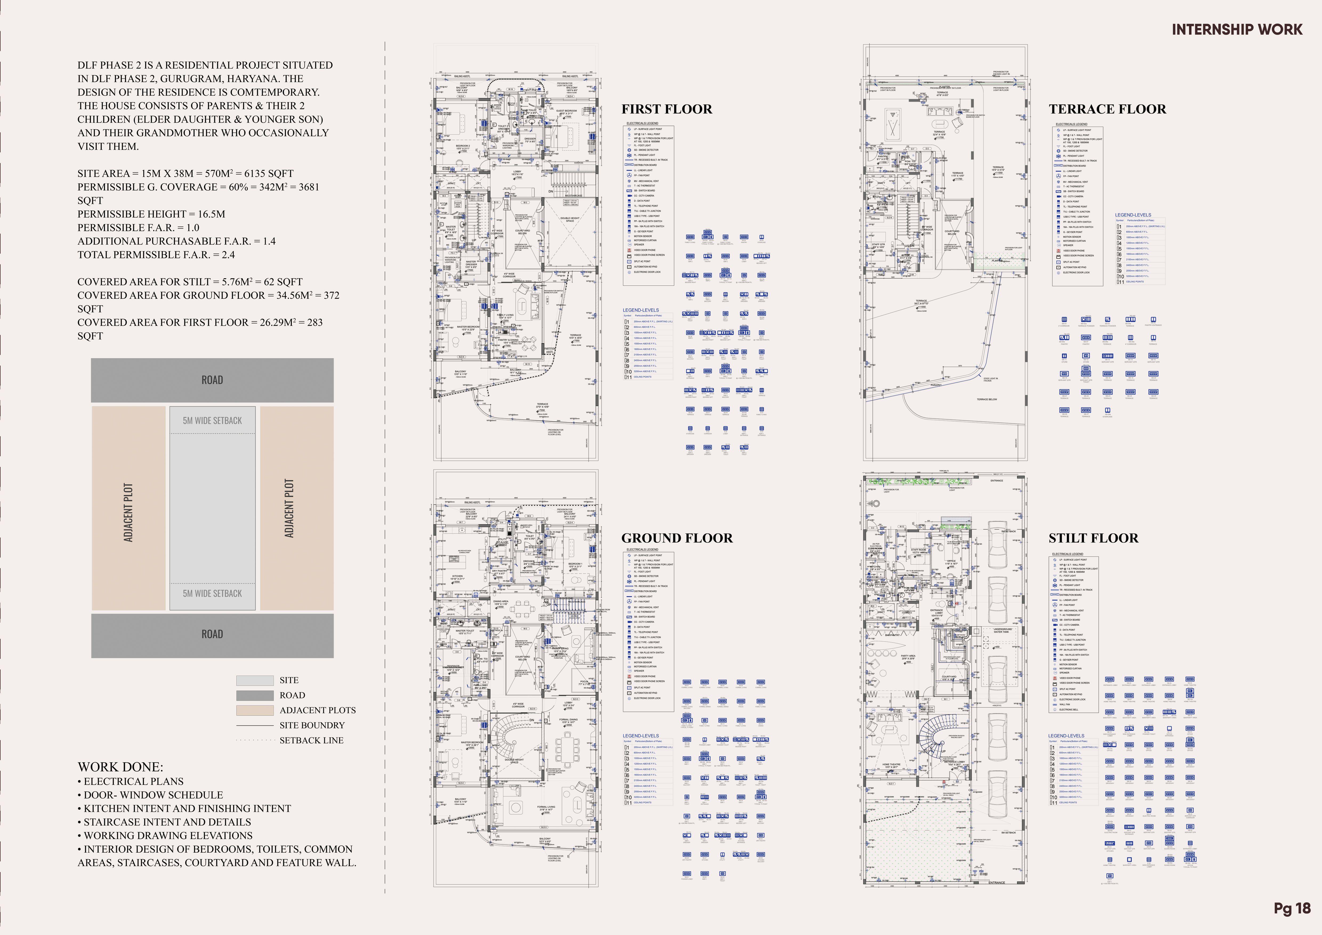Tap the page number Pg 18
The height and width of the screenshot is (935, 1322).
1292,909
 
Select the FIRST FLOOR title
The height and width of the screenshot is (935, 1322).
666,109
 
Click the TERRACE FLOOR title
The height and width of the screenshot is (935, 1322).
1107,109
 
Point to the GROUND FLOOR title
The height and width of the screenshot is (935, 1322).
677,538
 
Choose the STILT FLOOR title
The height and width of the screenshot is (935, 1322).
1093,538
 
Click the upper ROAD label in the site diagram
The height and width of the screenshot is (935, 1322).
212,380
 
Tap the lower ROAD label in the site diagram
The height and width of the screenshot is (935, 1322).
212,634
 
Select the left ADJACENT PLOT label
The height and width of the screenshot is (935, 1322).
128,512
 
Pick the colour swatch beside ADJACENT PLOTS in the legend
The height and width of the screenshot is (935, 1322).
254,710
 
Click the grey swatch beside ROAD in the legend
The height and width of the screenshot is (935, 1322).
254,695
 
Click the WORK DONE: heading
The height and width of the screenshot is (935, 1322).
120,767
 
